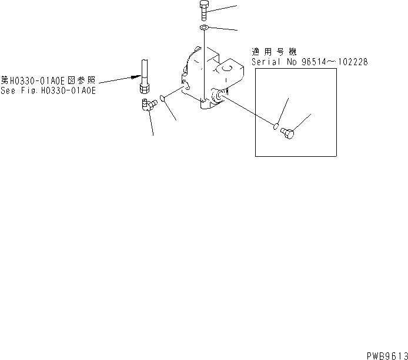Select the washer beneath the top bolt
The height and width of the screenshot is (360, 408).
203,28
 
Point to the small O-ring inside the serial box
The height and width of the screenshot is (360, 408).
275,125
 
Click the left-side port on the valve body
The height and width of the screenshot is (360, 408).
187,87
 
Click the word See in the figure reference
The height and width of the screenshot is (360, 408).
8,91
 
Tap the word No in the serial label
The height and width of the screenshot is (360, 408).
288,62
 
